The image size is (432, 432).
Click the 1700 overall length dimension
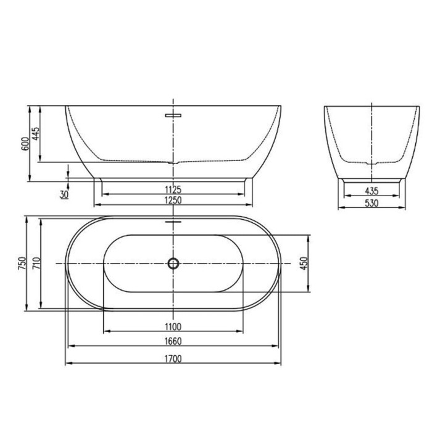[173, 359]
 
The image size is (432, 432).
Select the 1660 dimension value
[173, 341]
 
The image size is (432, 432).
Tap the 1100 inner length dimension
[173, 326]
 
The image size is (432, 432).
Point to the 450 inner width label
[304, 263]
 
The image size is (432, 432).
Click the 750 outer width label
[22, 263]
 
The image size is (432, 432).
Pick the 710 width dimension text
[36, 263]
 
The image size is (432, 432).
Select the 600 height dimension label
[25, 144]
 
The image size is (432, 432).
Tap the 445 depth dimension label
[36, 134]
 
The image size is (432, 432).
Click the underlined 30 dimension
[64, 194]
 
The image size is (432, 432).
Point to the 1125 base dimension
[173, 190]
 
